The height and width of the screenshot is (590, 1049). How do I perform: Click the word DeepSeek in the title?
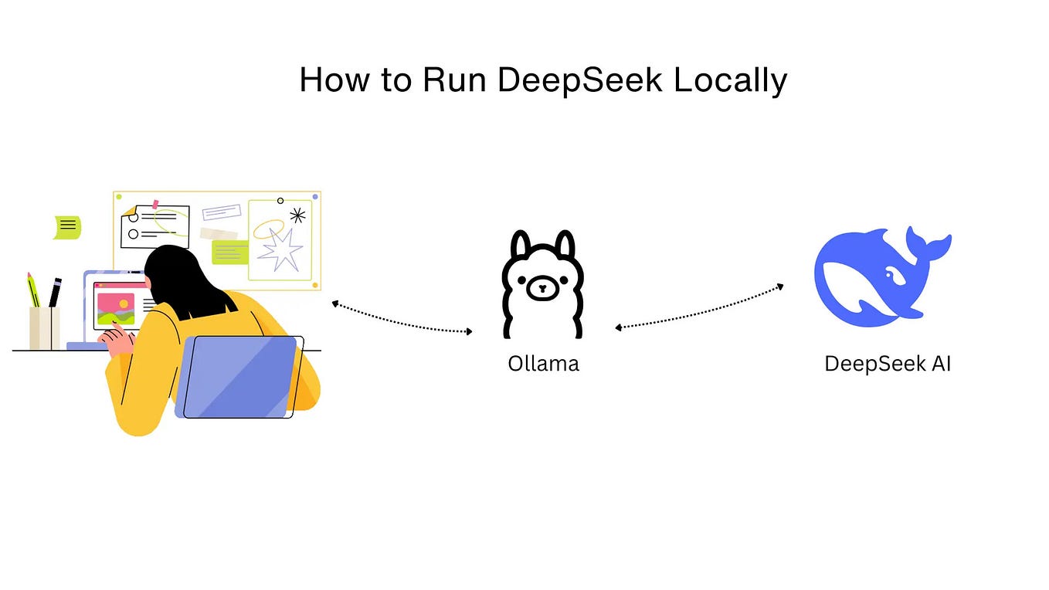[580, 80]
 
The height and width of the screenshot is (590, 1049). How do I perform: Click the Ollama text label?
[543, 363]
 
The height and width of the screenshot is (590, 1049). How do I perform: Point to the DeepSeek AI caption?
[888, 363]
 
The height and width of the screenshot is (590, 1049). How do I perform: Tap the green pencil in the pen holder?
[33, 290]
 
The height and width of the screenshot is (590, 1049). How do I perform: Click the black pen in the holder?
[55, 293]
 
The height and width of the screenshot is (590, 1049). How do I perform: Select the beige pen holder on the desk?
[44, 328]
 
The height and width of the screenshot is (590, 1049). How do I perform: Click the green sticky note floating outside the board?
[67, 226]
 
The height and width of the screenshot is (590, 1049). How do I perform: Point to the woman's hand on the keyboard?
[116, 341]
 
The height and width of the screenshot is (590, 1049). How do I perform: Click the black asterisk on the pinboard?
[297, 215]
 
